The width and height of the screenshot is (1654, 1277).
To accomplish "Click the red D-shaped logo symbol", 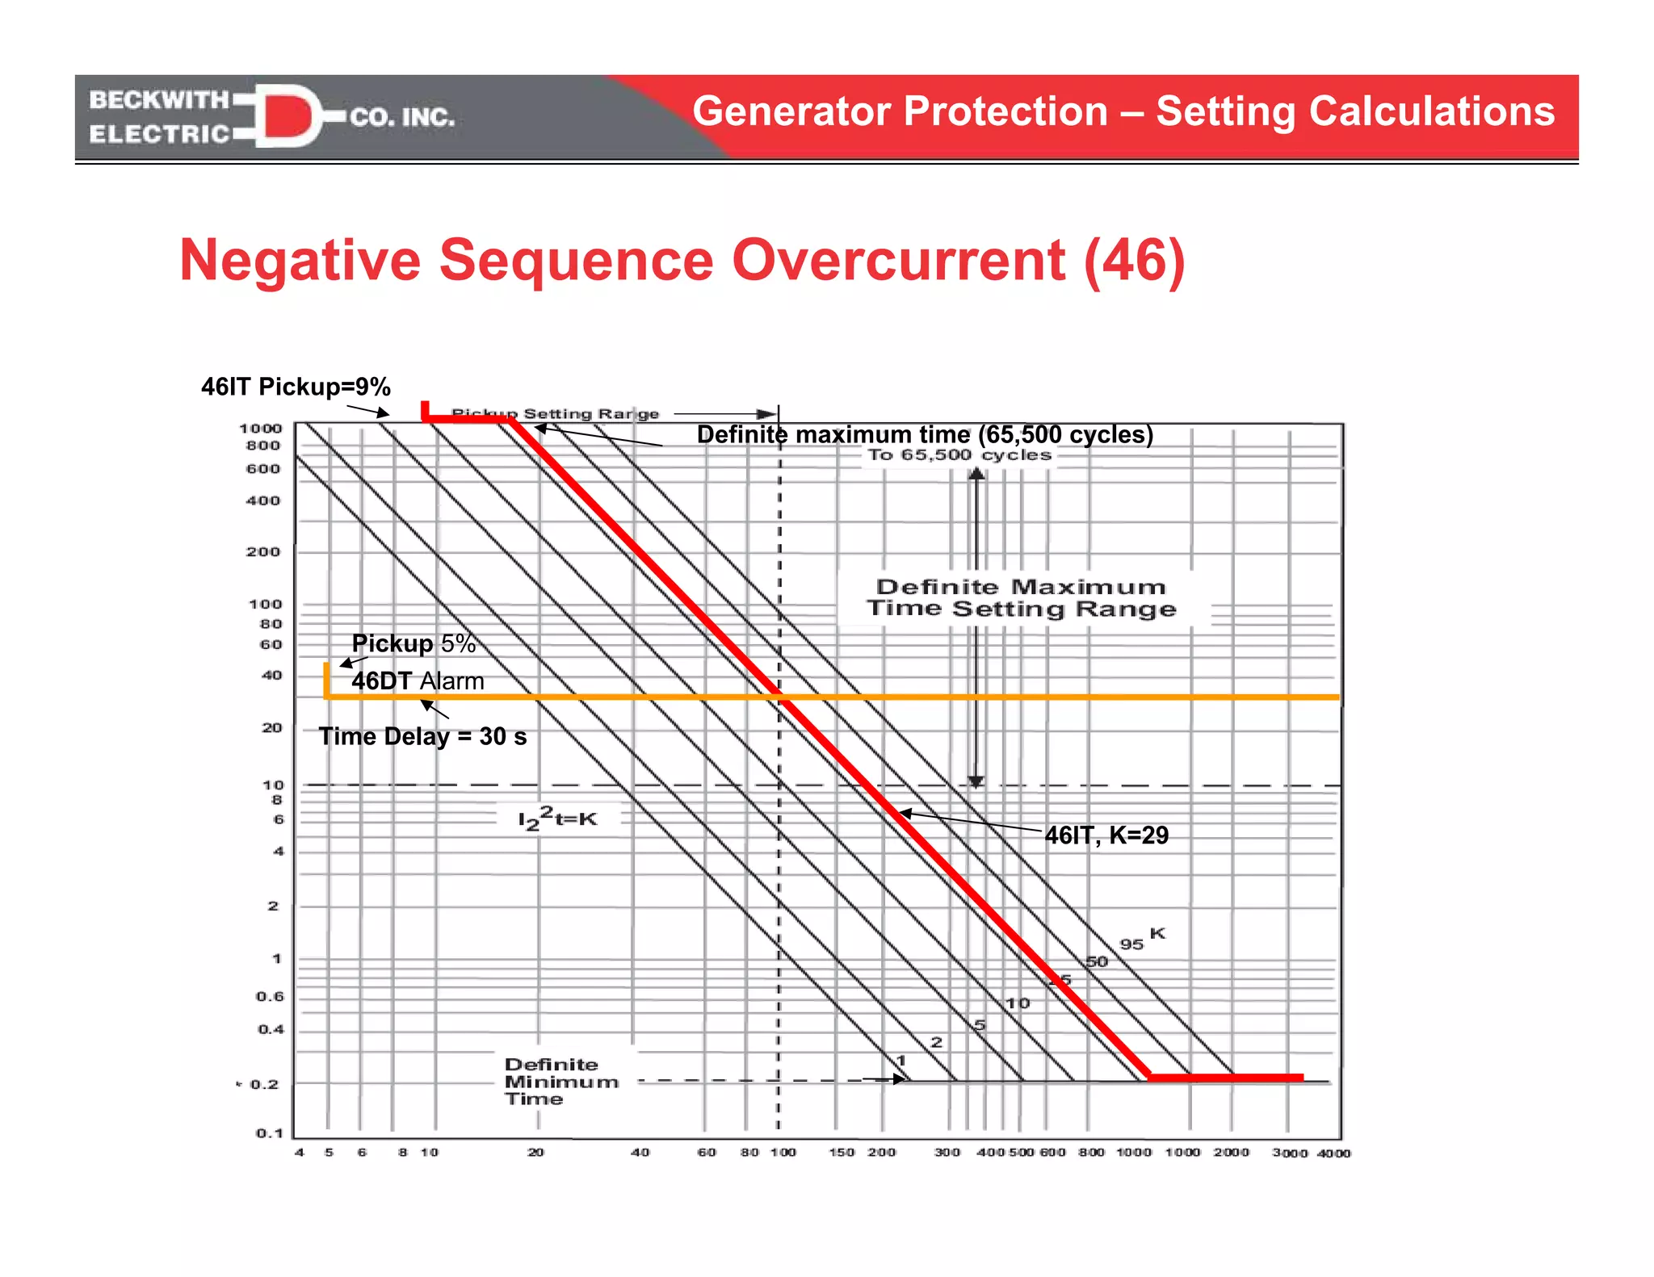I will [288, 115].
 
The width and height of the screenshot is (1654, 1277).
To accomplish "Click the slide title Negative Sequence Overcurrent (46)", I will [682, 260].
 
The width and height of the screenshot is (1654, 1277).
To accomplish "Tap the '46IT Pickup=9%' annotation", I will [296, 387].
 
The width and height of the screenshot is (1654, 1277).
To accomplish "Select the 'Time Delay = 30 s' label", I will [422, 736].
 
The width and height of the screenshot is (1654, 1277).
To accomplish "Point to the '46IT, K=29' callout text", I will [1106, 835].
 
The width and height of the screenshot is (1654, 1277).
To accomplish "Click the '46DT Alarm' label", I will [418, 680].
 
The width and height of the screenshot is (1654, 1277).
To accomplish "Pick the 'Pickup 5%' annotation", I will [413, 643].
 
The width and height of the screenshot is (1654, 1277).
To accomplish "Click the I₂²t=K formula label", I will [557, 819].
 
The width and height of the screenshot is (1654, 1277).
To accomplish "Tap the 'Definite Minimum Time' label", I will [561, 1082].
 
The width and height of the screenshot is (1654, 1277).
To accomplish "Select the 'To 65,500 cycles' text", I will [959, 455].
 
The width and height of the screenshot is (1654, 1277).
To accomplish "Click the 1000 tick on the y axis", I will [261, 429].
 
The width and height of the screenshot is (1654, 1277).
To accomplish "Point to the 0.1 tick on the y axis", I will [270, 1133].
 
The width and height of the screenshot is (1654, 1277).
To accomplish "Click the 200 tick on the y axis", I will [263, 552].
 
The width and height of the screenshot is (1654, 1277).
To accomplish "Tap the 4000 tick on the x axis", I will [1333, 1153].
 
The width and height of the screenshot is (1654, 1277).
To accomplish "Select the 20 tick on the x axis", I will [535, 1153].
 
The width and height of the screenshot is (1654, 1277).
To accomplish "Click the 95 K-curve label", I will [1131, 944].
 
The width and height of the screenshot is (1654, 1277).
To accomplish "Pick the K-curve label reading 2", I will [936, 1042].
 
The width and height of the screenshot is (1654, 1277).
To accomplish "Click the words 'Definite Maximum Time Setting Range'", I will [1022, 597].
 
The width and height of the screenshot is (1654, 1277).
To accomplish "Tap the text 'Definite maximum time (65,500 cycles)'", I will [925, 435].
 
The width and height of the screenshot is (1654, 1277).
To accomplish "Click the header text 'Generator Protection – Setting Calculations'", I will [1123, 111].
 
